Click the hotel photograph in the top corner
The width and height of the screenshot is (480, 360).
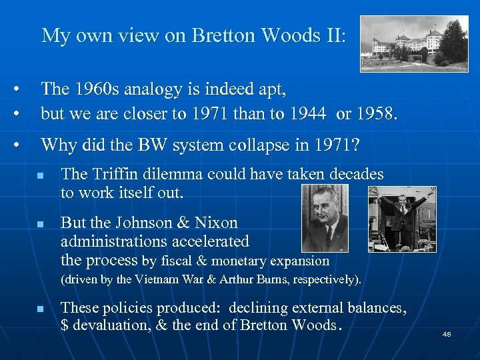pos(414,43)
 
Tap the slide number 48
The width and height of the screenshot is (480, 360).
pos(447,333)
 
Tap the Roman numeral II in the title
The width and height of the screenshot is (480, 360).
pos(332,35)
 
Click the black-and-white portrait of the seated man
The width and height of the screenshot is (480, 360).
pos(325,219)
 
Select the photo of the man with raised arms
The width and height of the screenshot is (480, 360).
pos(403,219)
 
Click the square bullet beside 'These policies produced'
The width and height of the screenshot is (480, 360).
pos(41,310)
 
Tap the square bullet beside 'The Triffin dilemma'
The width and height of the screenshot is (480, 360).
pos(41,177)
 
